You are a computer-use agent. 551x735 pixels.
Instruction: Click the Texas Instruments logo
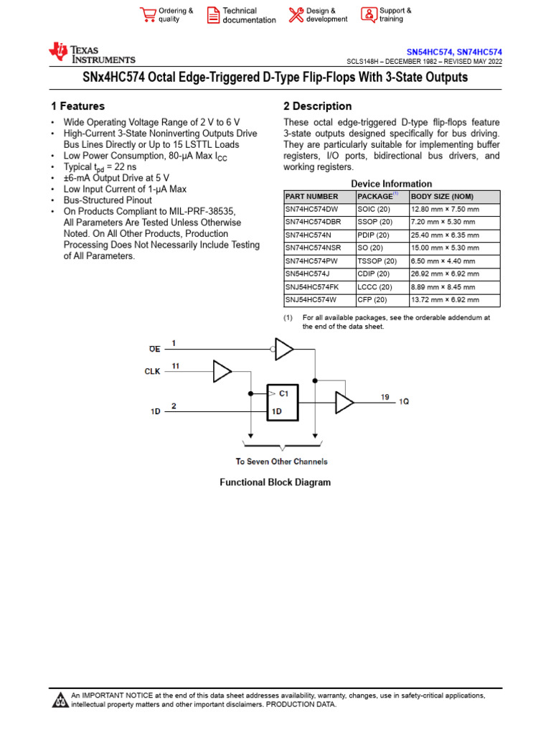[91, 54]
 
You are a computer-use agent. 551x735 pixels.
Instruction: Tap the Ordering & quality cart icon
[148, 15]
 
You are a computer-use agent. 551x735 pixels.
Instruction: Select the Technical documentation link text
[248, 15]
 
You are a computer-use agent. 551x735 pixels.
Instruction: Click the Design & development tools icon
[296, 15]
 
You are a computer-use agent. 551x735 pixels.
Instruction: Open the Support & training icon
[368, 15]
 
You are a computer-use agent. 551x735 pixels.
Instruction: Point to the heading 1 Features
[77, 106]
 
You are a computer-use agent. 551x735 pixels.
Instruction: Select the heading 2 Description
[318, 106]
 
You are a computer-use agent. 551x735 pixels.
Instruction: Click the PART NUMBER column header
[311, 197]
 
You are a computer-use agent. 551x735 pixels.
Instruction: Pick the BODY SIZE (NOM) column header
[442, 197]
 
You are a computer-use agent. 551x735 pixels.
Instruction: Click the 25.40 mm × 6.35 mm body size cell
[444, 235]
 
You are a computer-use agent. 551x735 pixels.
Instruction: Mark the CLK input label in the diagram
[152, 371]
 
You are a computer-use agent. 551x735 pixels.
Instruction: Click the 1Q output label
[404, 401]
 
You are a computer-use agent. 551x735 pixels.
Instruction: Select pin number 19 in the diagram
[385, 396]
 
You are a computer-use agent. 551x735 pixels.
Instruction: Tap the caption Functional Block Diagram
[275, 482]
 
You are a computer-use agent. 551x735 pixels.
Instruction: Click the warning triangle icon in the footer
[61, 701]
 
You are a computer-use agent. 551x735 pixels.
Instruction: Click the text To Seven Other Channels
[281, 462]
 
